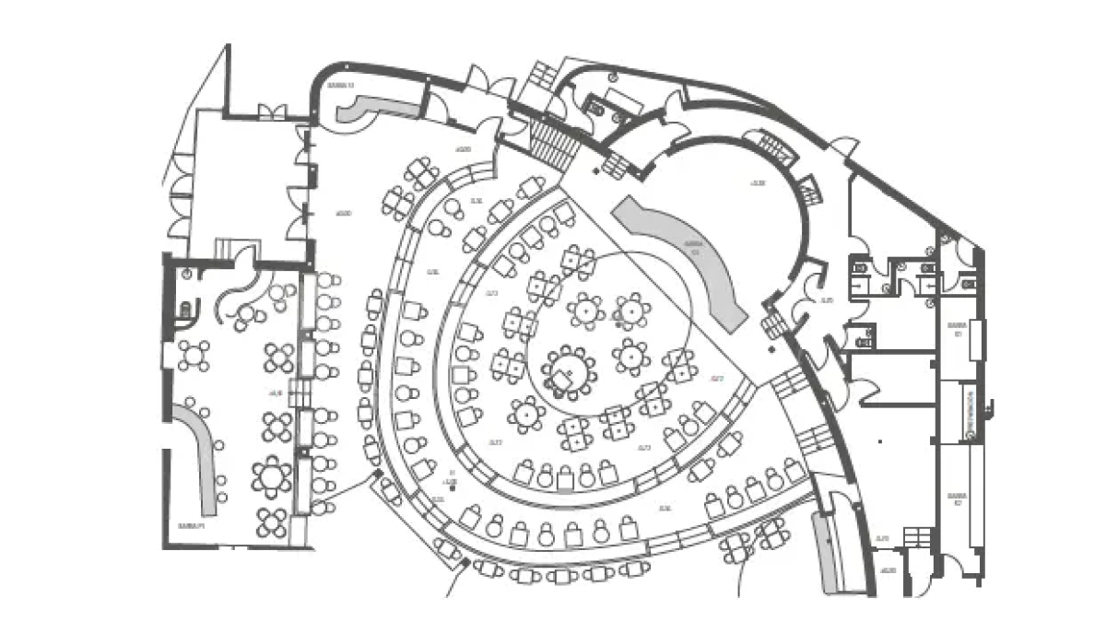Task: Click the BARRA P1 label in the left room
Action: pos(191,524)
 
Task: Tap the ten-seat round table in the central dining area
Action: pos(569,371)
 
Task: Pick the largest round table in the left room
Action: pos(271,476)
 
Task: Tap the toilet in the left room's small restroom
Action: pos(186,311)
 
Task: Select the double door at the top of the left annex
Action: pos(272,112)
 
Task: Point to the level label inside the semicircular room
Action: pos(758,183)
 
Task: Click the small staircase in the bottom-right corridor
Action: pos(917,535)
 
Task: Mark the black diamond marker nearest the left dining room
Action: pos(377,473)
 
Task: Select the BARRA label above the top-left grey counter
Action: pos(340,85)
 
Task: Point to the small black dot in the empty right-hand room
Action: pos(881,441)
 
